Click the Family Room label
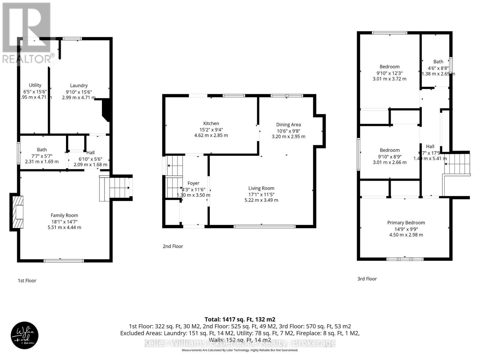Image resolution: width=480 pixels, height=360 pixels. (64, 215)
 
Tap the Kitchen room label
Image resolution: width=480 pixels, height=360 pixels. (211, 123)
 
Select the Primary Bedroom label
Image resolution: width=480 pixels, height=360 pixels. (406, 223)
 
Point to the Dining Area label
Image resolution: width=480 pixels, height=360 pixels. (288, 124)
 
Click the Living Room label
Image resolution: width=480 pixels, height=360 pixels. (261, 188)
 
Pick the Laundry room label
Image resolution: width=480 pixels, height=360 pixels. (79, 85)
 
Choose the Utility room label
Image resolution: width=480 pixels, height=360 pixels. (35, 85)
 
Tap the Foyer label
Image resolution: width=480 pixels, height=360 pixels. (193, 183)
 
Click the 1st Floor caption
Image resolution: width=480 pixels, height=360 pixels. (27, 280)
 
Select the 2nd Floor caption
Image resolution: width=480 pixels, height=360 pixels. (173, 246)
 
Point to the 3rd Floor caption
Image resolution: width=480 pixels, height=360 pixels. (367, 279)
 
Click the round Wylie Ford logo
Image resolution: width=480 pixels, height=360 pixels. (25, 335)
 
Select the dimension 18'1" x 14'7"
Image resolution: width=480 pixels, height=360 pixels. (64, 222)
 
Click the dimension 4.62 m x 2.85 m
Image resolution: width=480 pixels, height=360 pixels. (211, 135)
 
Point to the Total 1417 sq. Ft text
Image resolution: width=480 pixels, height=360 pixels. (240, 319)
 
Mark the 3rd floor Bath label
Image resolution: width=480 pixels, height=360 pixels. (438, 61)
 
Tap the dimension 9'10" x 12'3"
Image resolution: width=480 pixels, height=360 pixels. (389, 73)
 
